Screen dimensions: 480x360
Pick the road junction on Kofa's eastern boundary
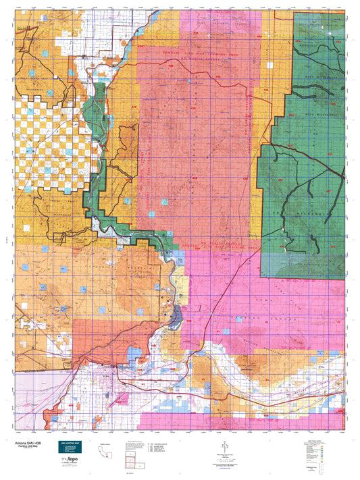pyautogui.click(x=343, y=177)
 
